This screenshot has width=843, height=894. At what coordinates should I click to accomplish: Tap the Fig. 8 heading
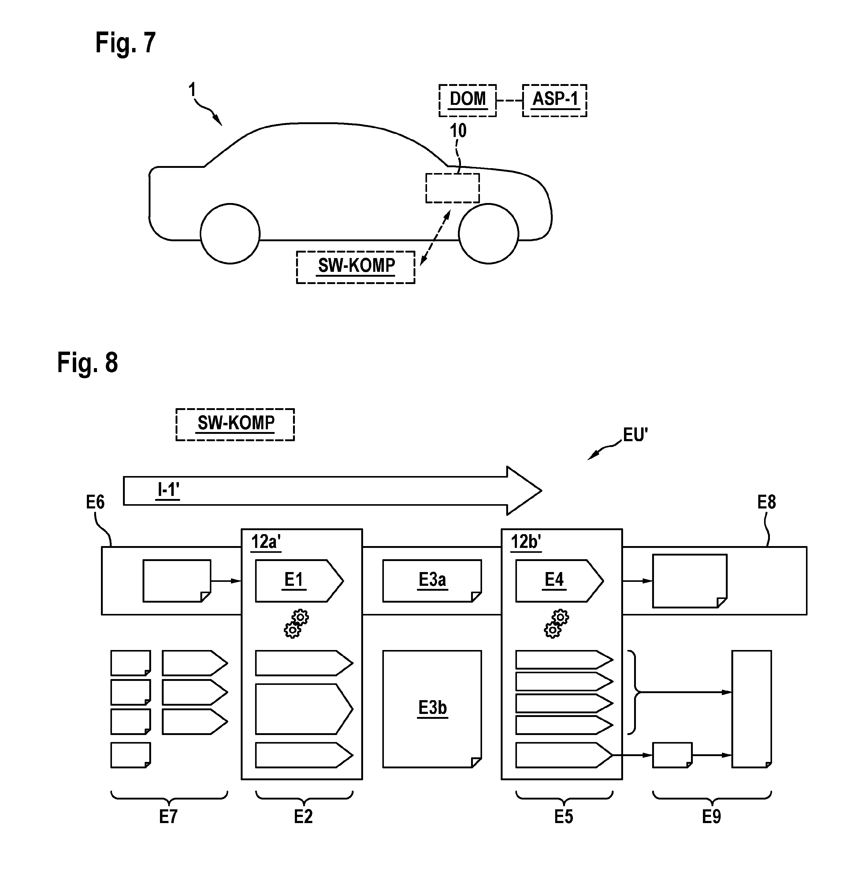[88, 362]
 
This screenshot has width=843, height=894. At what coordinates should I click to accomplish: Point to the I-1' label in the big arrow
[168, 490]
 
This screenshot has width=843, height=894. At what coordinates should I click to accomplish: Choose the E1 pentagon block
[299, 581]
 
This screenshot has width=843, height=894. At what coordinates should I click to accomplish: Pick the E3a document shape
[432, 581]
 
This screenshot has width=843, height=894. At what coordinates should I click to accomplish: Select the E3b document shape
[432, 709]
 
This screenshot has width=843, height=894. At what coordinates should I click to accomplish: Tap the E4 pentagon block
[559, 581]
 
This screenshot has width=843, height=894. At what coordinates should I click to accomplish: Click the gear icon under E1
[296, 624]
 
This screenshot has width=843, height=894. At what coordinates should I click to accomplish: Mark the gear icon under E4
[556, 624]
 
